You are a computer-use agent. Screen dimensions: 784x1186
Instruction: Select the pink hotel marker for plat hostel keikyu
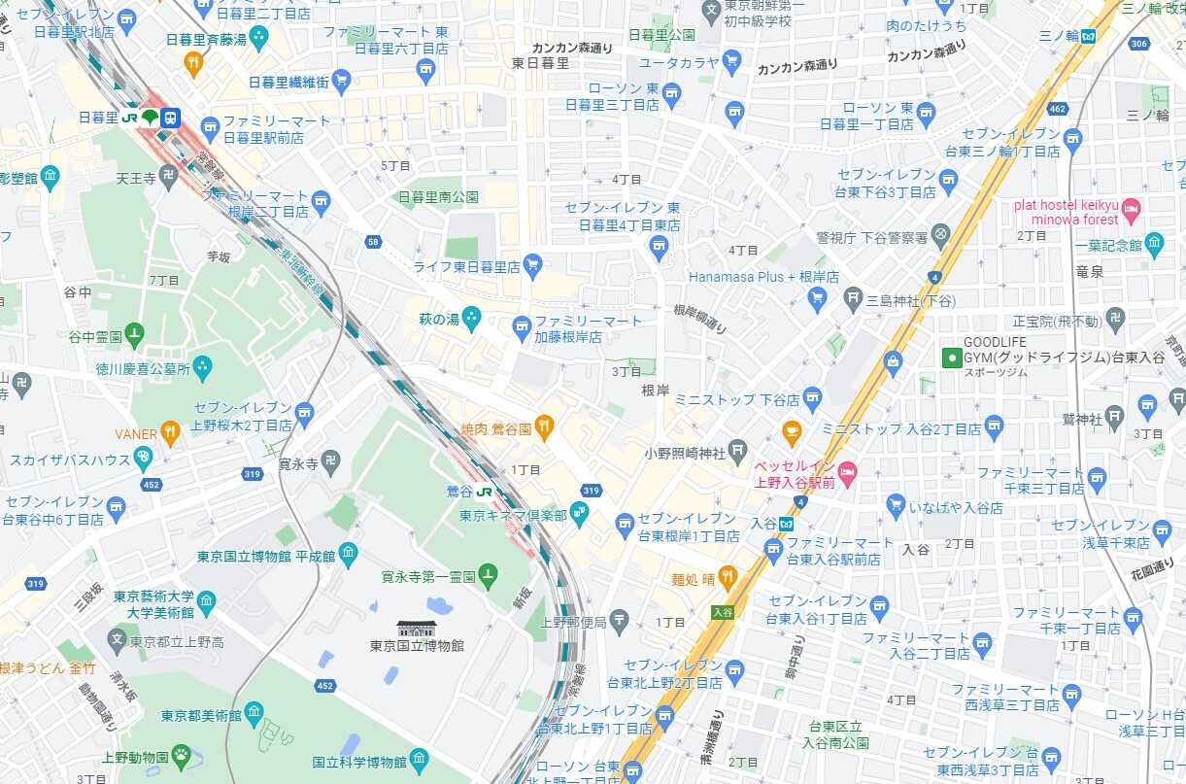(x=1133, y=207)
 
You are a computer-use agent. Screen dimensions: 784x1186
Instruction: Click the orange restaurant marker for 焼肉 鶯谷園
(x=544, y=426)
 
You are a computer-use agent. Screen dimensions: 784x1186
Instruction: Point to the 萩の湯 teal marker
(x=471, y=317)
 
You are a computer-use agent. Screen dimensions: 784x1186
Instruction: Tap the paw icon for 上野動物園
(x=181, y=754)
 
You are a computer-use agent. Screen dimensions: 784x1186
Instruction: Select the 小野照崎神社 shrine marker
(x=738, y=449)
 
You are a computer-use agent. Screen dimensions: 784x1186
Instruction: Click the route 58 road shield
(x=373, y=241)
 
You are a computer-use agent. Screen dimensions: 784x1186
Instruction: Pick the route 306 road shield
(x=1139, y=45)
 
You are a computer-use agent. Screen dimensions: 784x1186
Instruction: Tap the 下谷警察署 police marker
(x=940, y=235)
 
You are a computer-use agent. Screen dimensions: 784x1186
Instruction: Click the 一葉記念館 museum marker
(x=1154, y=242)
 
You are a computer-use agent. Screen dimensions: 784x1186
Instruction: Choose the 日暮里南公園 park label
(x=438, y=196)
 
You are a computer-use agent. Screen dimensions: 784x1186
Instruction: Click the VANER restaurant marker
(x=171, y=431)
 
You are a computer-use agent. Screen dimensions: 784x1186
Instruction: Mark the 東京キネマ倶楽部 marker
(x=580, y=512)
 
